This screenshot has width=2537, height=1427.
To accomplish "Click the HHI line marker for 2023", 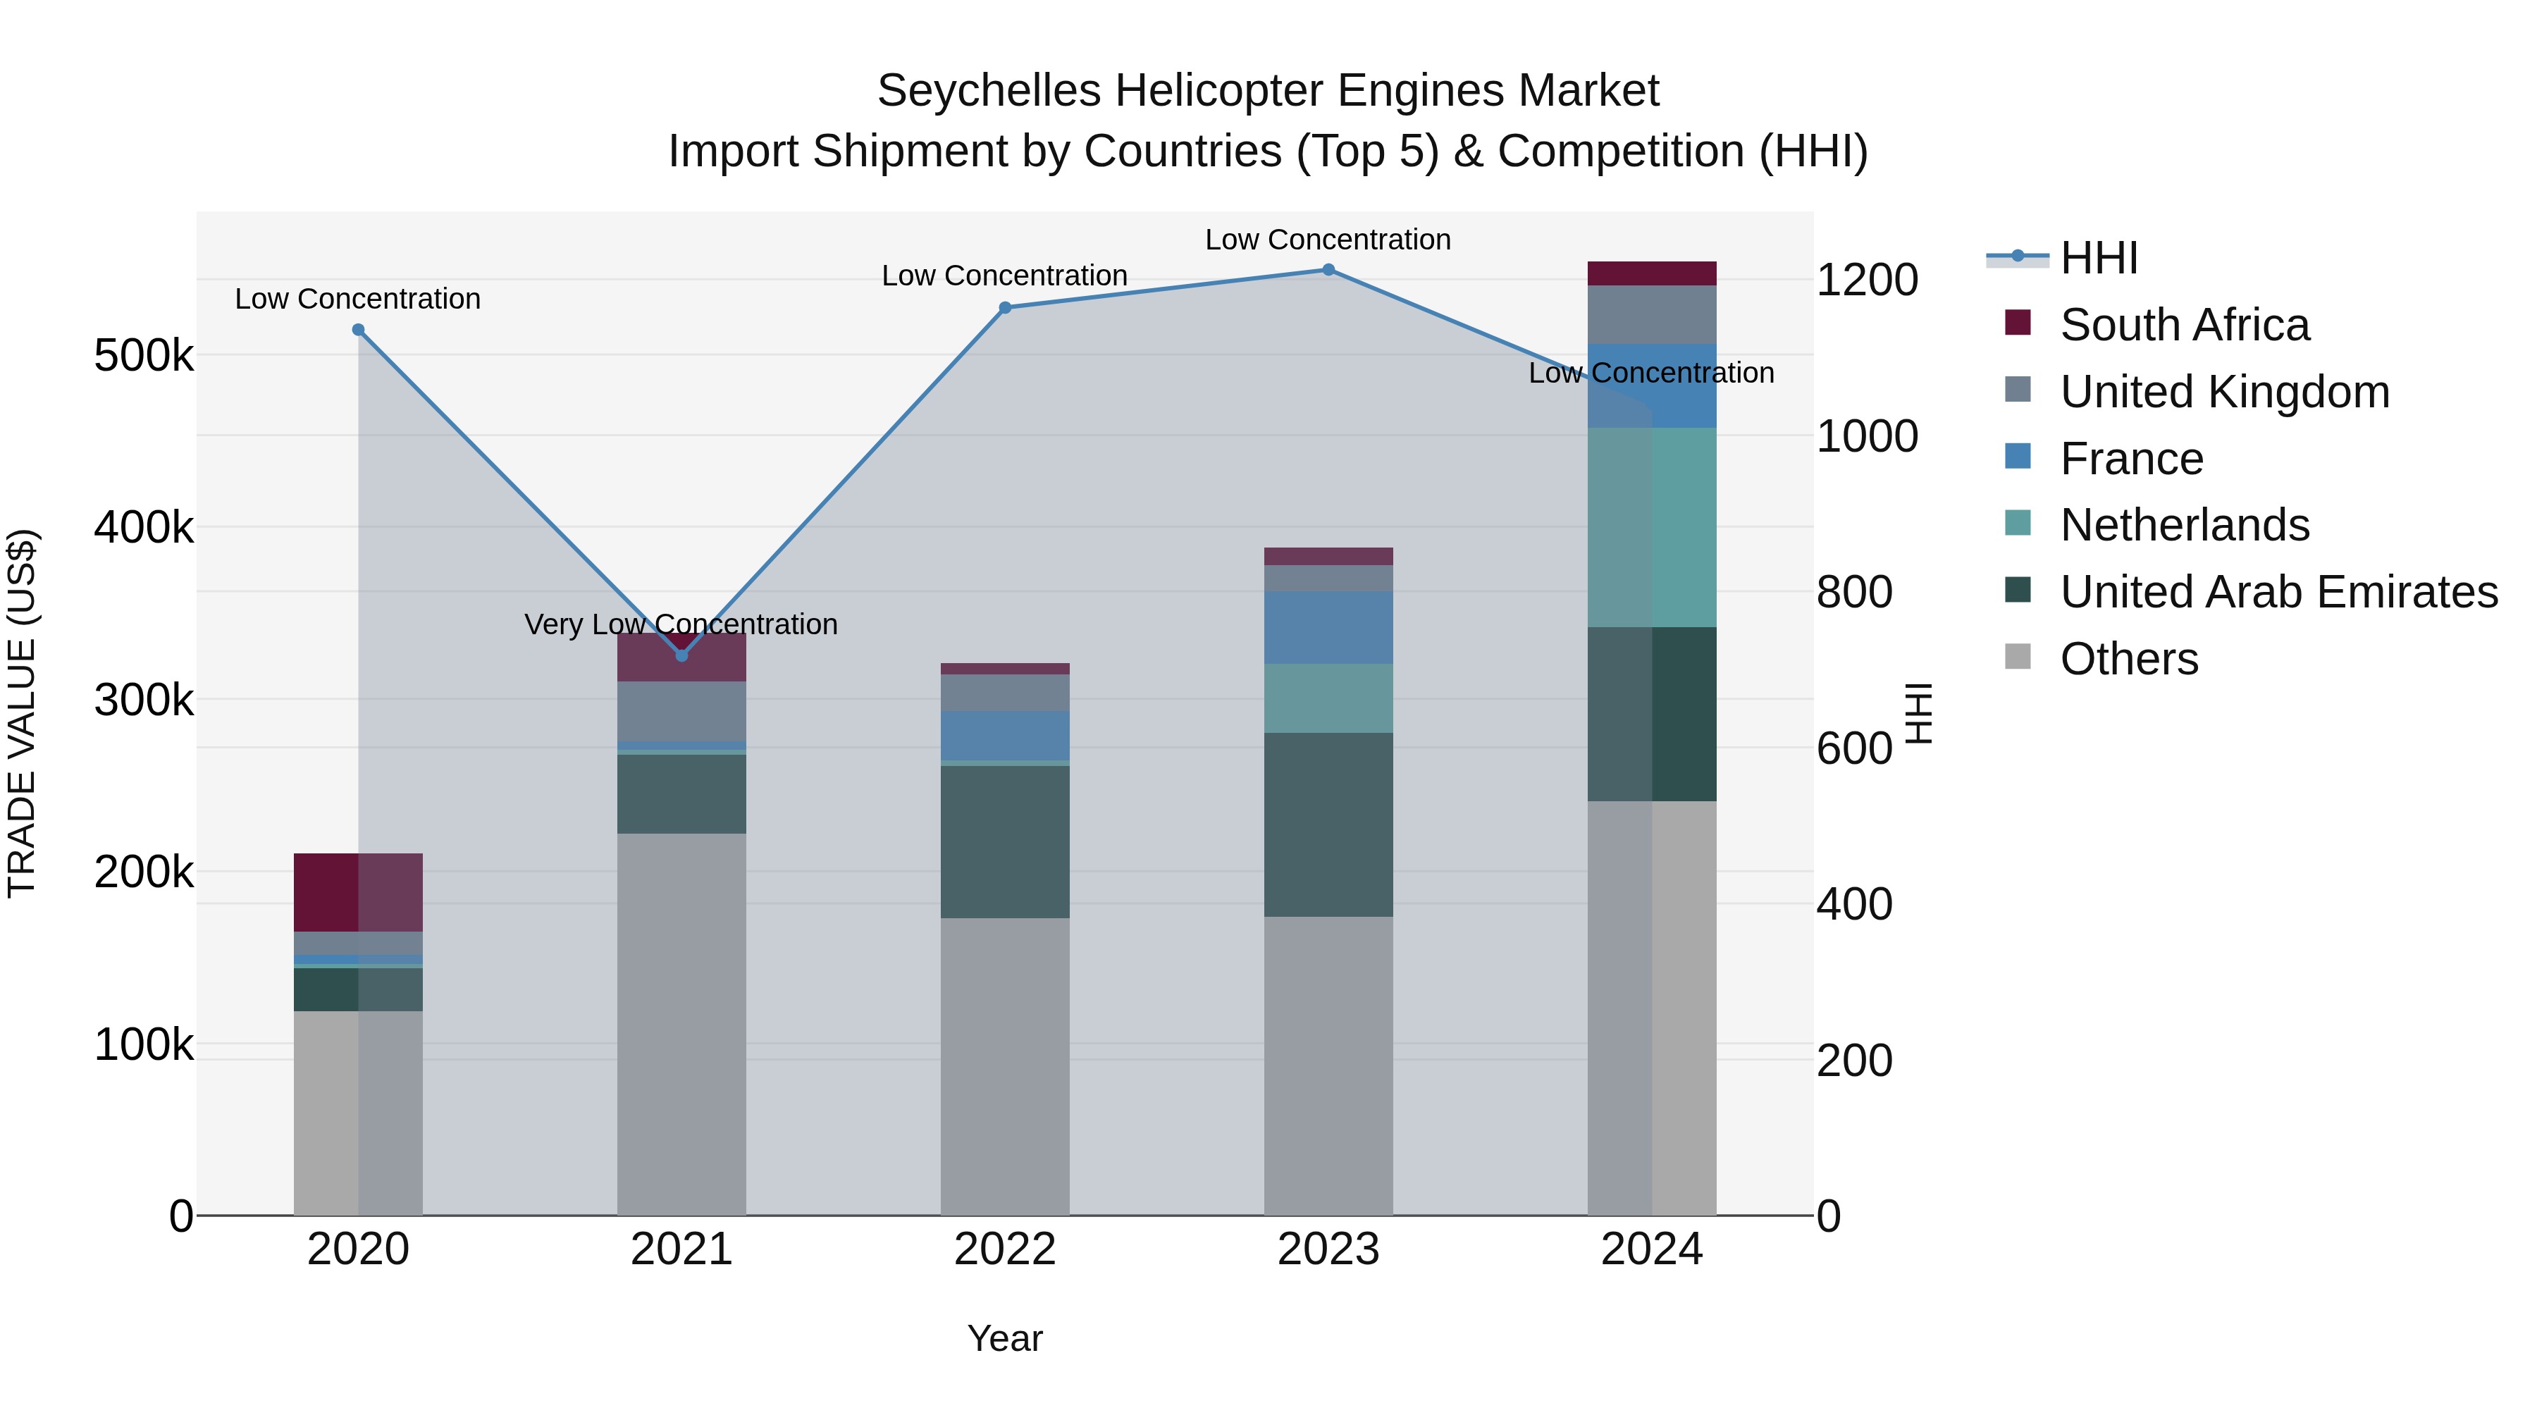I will [x=1328, y=270].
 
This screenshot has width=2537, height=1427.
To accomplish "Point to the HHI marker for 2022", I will [x=1004, y=308].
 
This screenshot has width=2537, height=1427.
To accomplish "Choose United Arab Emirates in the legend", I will [x=2278, y=592].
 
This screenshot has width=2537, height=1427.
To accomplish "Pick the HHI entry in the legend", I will [x=2098, y=258].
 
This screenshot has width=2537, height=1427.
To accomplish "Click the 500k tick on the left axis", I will [x=144, y=356].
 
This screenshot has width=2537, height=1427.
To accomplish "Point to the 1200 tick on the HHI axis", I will [x=1866, y=280].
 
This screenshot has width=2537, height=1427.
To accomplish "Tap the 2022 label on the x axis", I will [x=1004, y=1249].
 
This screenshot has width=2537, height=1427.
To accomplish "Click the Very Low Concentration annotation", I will [x=681, y=624].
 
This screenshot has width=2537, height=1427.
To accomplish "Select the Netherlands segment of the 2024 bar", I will [x=1652, y=527].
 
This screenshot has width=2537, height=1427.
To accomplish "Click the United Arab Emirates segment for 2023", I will [x=1328, y=824].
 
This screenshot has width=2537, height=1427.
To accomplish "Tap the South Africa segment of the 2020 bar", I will [x=359, y=892].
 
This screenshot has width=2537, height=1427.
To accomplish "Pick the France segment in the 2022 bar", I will [x=1004, y=736].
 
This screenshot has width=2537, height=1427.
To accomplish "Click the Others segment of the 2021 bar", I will [x=681, y=1024].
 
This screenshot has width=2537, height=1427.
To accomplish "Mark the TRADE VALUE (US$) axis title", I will [x=23, y=713].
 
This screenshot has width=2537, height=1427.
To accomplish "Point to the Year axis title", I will [x=1004, y=1338].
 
